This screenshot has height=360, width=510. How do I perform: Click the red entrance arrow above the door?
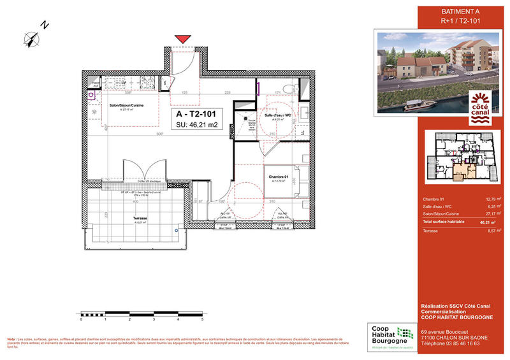[182, 40]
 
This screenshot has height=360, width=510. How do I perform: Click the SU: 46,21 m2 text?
[197, 126]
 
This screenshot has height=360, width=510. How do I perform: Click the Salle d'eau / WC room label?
[279, 115]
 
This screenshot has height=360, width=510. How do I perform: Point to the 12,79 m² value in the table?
[490, 200]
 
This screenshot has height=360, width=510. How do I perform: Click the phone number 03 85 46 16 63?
[451, 343]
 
